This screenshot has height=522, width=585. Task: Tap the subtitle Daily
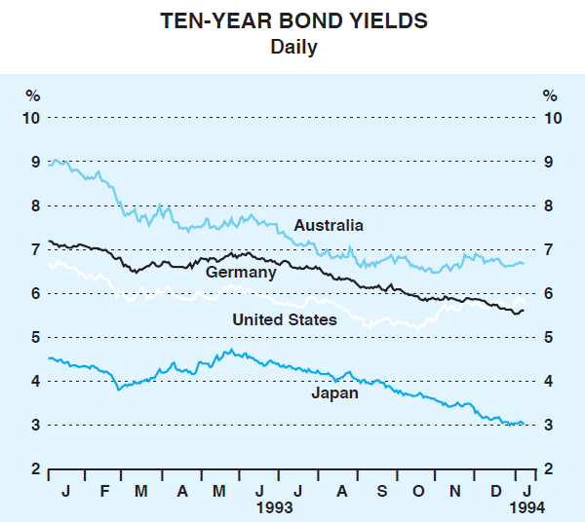293,47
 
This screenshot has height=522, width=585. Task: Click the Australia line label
329,226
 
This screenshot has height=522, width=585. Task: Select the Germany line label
241,273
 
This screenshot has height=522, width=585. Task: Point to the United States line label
285,319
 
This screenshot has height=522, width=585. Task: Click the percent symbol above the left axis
33,95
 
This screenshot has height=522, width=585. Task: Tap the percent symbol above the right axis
550,95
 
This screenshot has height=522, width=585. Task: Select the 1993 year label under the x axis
274,507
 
